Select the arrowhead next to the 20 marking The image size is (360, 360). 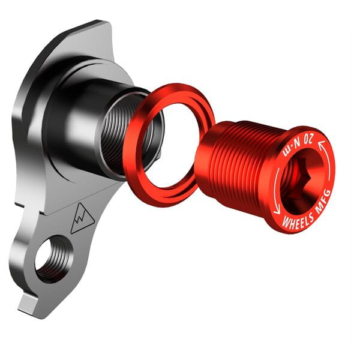pyautogui.click(x=321, y=145)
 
